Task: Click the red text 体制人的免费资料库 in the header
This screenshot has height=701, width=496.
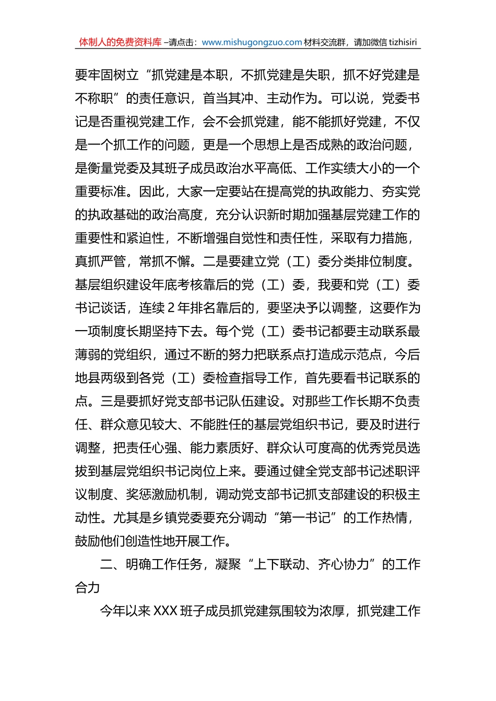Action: (120, 42)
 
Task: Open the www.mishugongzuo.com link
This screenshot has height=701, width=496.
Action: (252, 42)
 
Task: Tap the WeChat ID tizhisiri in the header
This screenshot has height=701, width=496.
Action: (403, 42)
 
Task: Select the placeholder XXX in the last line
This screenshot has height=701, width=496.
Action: (166, 611)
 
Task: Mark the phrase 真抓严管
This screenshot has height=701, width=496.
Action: (101, 261)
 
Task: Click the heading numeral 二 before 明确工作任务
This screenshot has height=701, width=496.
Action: (107, 564)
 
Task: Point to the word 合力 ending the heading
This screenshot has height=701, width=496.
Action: (88, 588)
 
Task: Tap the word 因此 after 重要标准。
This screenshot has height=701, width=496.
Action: (152, 191)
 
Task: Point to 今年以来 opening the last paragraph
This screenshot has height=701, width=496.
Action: (126, 611)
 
